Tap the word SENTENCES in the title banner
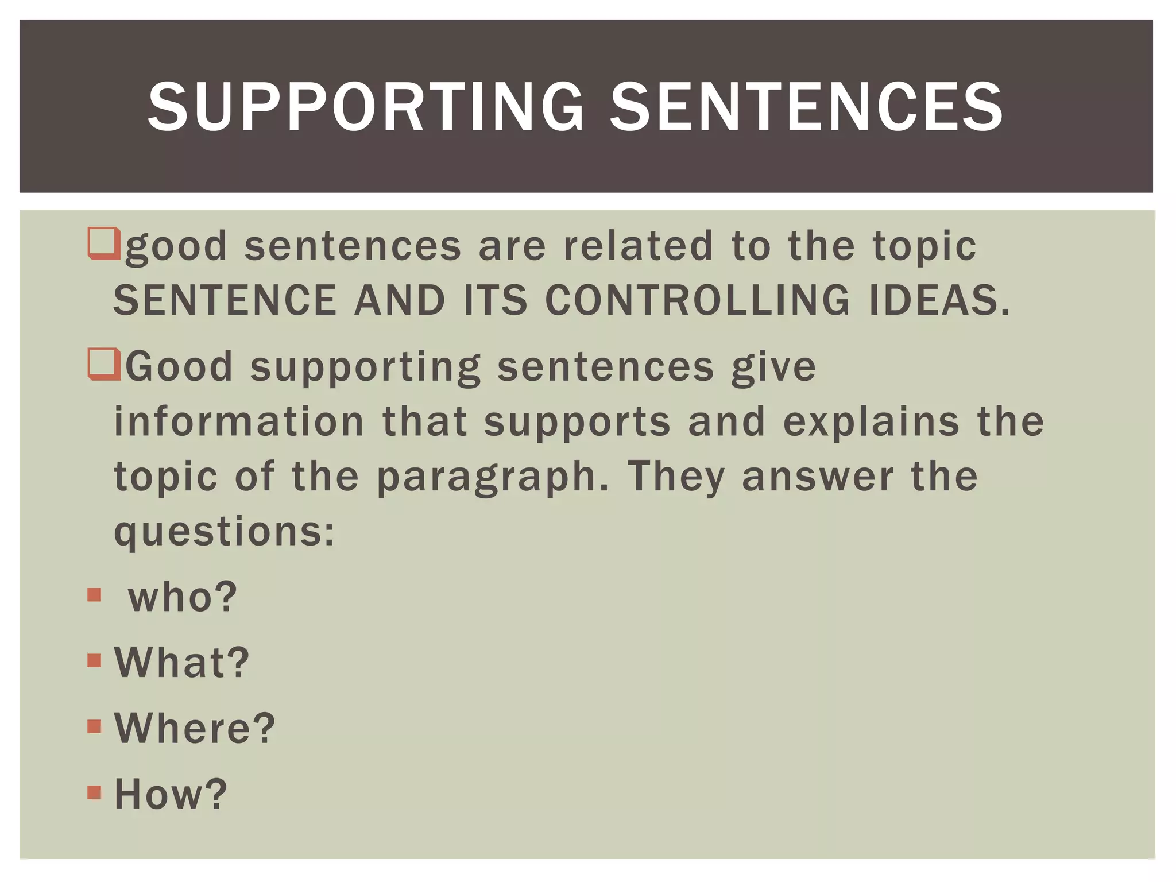[x=806, y=107]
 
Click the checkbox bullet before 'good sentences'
[x=104, y=243]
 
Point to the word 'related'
[x=638, y=246]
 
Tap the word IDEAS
[x=939, y=300]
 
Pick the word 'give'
[x=773, y=367]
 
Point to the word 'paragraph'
[x=492, y=478]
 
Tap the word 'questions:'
[x=224, y=532]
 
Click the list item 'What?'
[x=182, y=662]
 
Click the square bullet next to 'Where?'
[x=94, y=726]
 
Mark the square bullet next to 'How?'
[x=94, y=792]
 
